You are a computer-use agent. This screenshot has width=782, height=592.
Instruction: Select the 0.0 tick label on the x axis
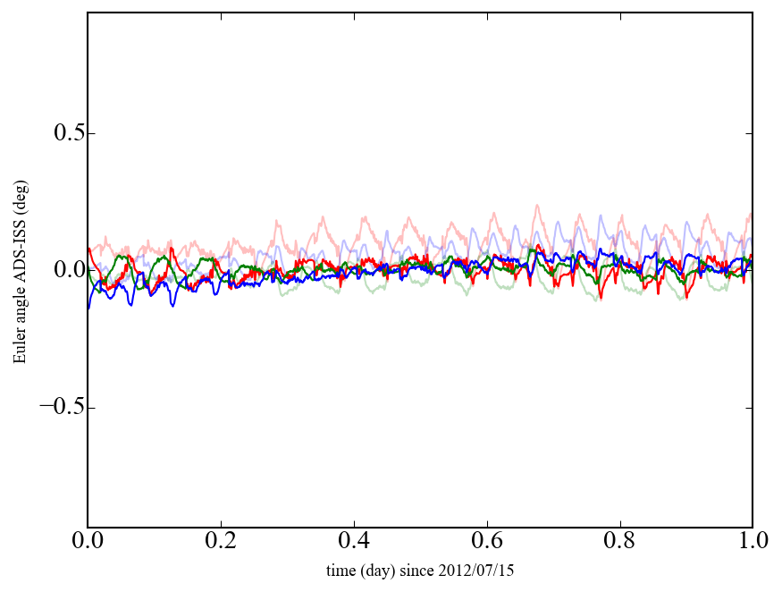pyautogui.click(x=88, y=543)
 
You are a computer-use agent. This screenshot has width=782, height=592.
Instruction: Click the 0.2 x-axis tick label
pyautogui.click(x=221, y=543)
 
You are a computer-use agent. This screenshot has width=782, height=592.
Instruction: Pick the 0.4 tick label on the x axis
pyautogui.click(x=354, y=543)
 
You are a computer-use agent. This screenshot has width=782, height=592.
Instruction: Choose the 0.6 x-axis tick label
pyautogui.click(x=487, y=543)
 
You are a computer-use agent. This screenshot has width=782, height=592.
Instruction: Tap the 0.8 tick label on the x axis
pyautogui.click(x=619, y=543)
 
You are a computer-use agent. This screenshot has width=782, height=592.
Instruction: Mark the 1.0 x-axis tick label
pyautogui.click(x=753, y=543)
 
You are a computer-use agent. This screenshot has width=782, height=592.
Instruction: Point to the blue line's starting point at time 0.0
pyautogui.click(x=88, y=309)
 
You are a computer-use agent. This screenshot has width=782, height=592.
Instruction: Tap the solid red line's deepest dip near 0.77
pyautogui.click(x=601, y=299)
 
